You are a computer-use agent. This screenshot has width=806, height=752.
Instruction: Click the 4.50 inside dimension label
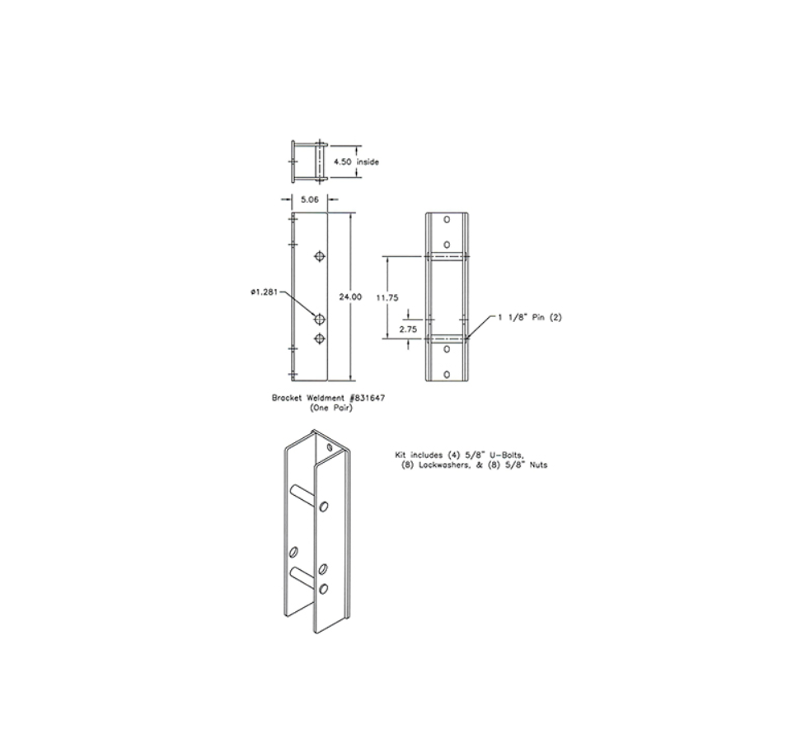[x=356, y=161]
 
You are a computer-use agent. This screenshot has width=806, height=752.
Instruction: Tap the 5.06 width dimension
[x=309, y=200]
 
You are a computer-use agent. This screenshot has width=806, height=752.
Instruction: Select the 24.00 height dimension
[x=350, y=297]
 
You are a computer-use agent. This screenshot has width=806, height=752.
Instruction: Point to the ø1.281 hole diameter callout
[x=265, y=292]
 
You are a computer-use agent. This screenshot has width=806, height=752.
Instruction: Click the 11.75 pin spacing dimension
[x=387, y=297]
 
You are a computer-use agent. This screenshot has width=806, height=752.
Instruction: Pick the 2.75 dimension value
[x=408, y=329]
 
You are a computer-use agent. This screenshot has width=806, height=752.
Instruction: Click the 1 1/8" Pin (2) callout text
[x=529, y=317]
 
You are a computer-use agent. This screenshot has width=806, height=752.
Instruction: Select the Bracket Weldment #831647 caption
[x=329, y=398]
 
